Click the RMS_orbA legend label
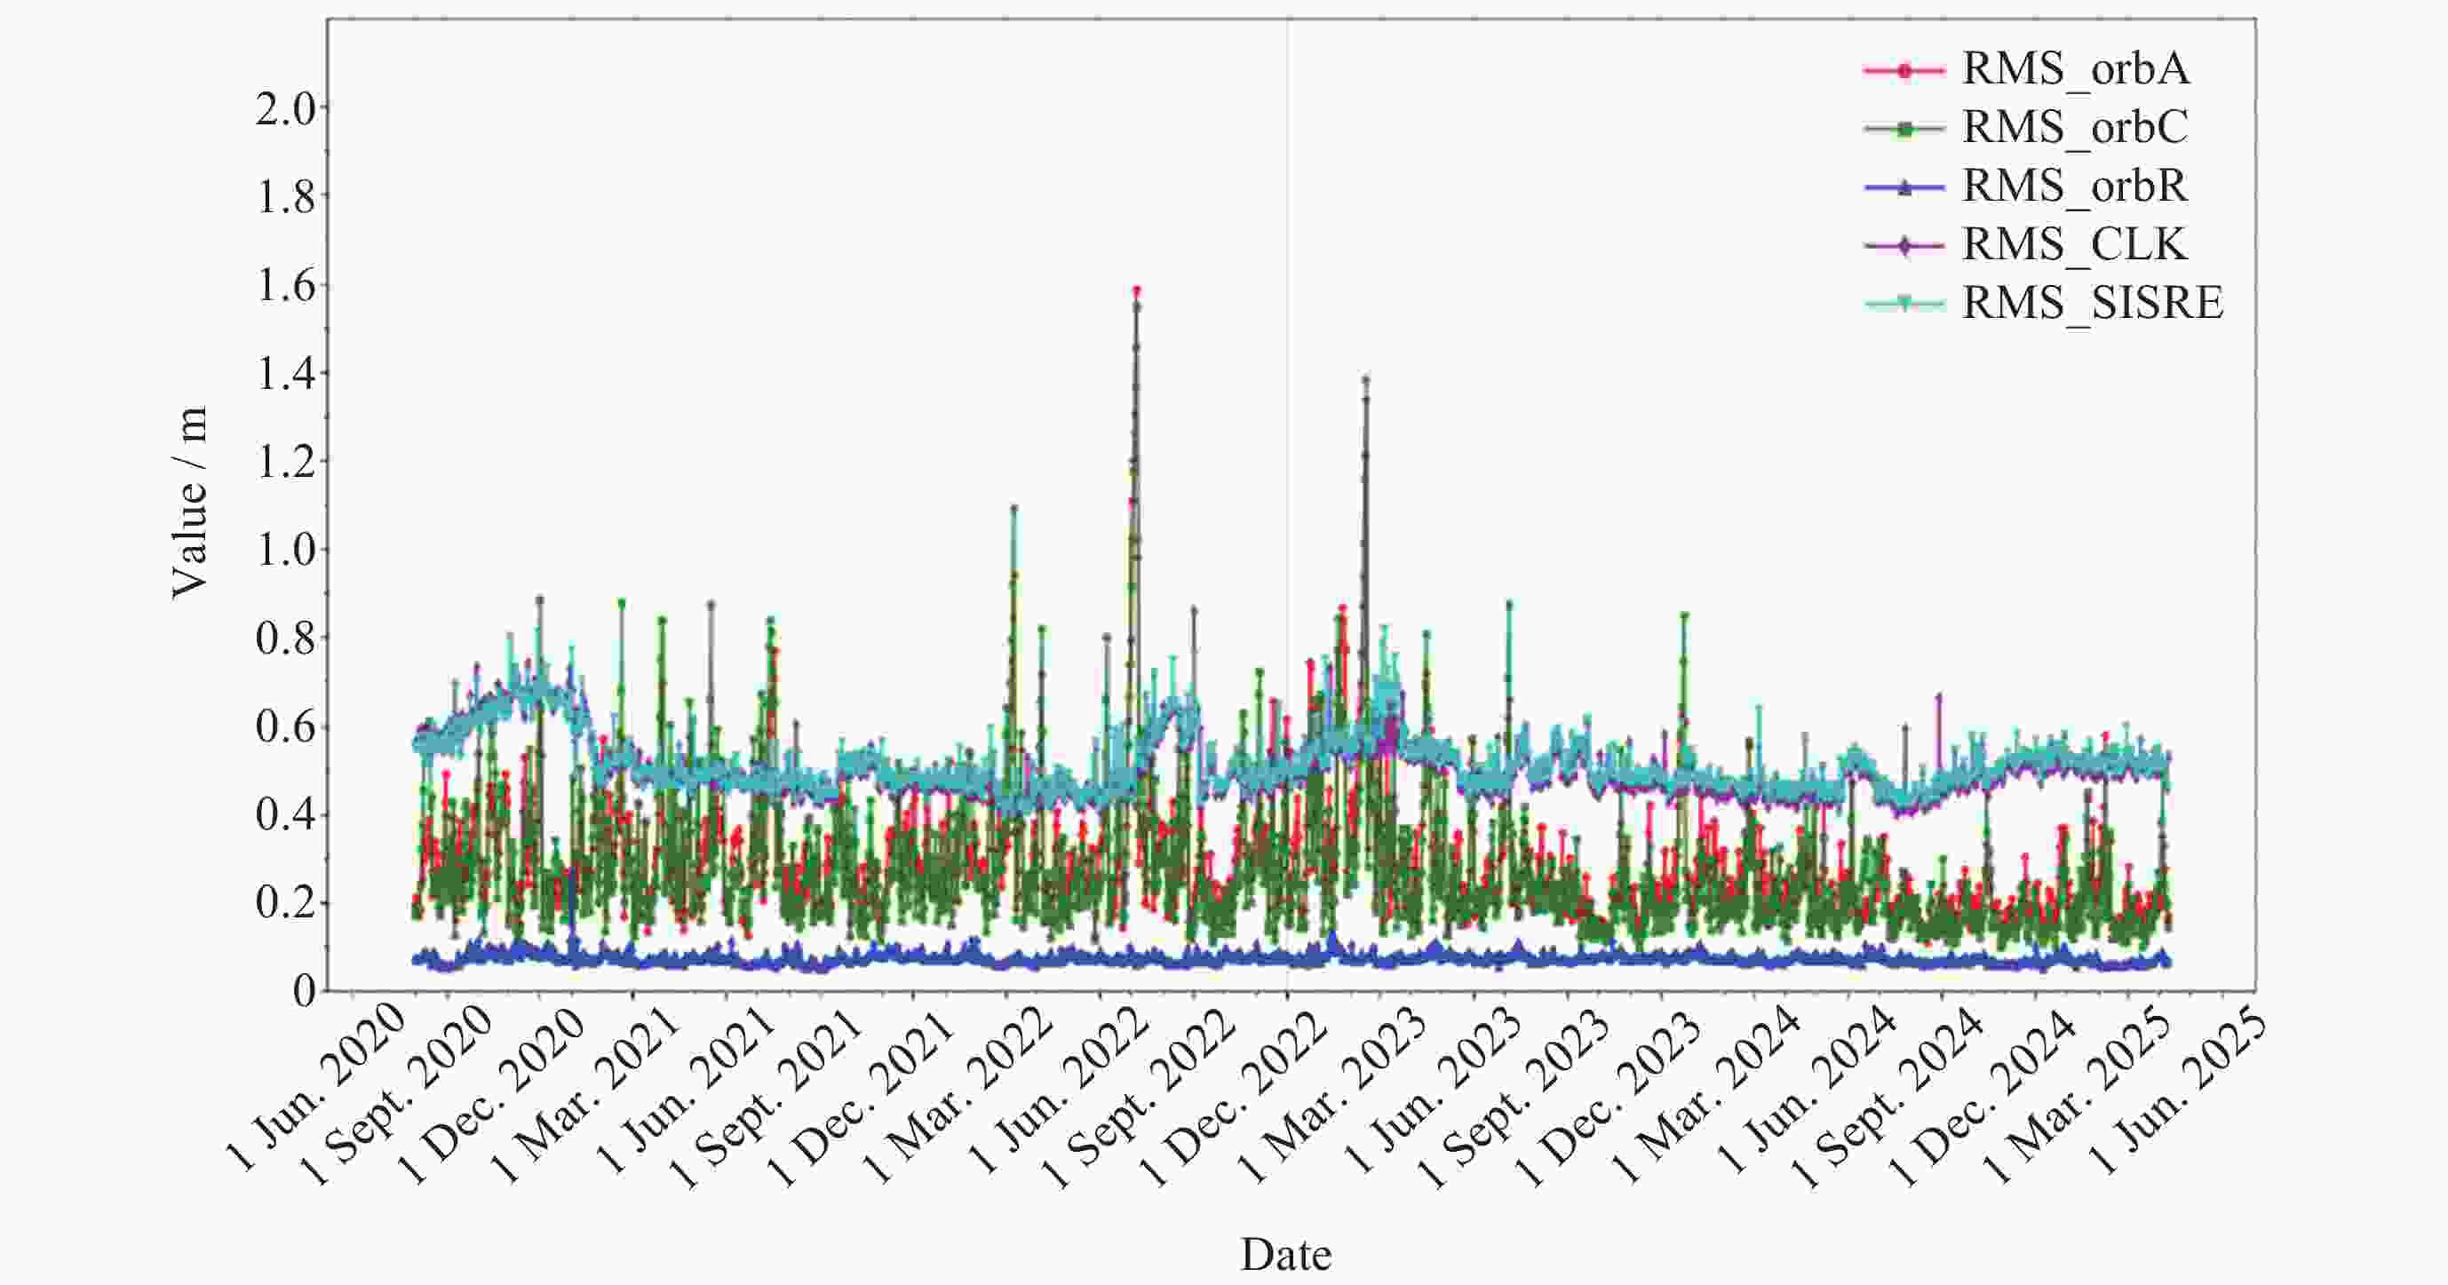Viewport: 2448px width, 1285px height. pos(2076,69)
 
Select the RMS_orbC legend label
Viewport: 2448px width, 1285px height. pos(2076,127)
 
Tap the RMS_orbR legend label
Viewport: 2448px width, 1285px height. pos(2076,186)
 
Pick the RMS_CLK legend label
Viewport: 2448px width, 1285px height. pos(2076,245)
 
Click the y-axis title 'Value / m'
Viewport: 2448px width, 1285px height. pos(189,503)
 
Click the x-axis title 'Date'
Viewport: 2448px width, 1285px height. pos(1286,1254)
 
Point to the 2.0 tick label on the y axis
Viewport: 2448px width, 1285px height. pos(285,110)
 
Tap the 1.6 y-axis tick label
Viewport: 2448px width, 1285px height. pos(285,286)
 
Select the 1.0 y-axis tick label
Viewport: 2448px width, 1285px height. pos(285,551)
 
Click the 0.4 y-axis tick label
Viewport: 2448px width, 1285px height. pos(285,815)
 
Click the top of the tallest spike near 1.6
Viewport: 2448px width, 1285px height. pos(1137,290)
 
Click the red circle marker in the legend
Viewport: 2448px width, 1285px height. pos(1904,70)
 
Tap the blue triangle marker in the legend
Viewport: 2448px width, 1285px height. pos(1904,187)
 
